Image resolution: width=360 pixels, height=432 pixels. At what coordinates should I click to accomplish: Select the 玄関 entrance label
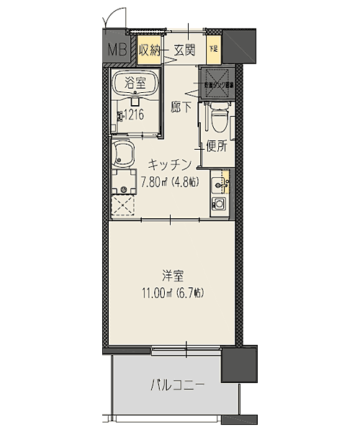point(185,50)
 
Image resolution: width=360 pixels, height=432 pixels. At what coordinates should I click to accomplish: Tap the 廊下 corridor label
point(181,108)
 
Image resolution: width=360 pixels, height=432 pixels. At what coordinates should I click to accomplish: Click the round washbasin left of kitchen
point(125,153)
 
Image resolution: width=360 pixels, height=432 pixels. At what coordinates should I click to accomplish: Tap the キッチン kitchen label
point(171,163)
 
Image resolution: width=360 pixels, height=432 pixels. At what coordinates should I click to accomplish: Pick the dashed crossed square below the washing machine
point(125,207)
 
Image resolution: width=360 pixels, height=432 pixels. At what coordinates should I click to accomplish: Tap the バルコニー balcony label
point(177,385)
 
